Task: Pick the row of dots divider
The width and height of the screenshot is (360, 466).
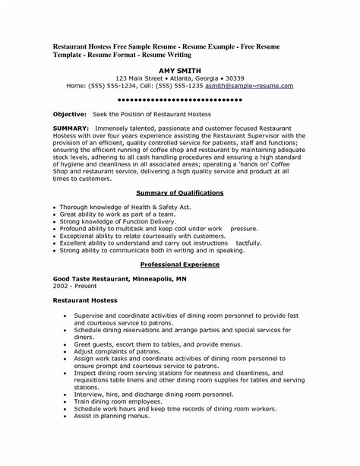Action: click(180, 99)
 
